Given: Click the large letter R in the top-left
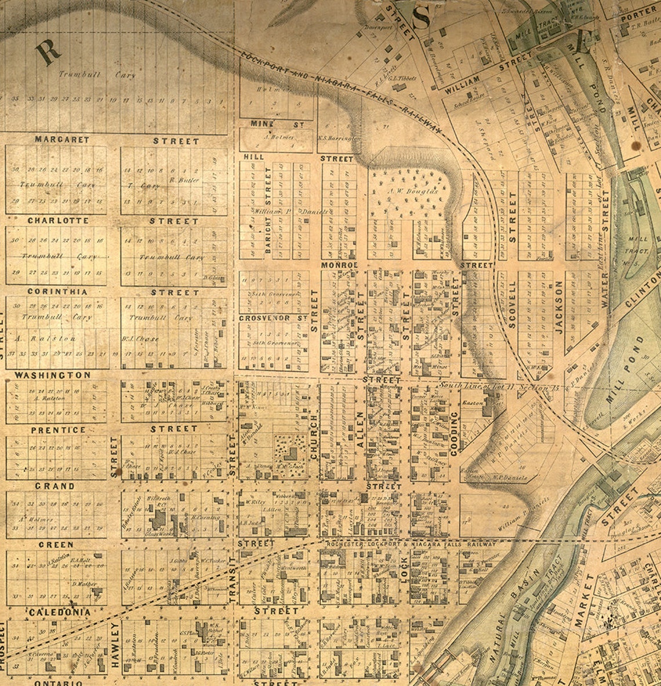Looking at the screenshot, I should tap(48, 53).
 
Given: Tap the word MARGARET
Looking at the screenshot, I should tap(62, 140).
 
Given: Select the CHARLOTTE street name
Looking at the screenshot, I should tap(58, 221).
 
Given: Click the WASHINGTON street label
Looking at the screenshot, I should tap(53, 375).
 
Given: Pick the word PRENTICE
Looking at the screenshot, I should tap(58, 430).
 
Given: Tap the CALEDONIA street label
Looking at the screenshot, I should tap(60, 612).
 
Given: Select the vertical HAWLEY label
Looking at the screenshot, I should tap(115, 645).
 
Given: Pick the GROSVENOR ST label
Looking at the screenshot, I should tap(273, 318).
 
